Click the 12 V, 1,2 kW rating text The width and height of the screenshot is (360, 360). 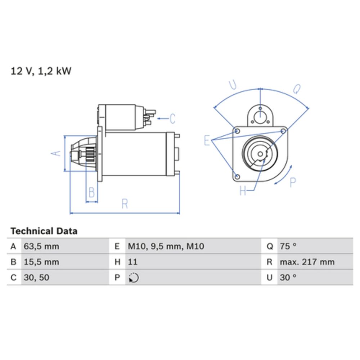pos(41,71)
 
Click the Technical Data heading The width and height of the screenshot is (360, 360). pos(44,231)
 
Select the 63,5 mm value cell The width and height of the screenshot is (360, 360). pos(41,246)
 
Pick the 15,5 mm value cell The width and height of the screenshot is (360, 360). pos(41,262)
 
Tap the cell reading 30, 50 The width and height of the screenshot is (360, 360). pos(36,278)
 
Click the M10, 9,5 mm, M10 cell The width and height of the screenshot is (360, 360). pos(166,246)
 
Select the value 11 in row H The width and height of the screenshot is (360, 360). pos(132,262)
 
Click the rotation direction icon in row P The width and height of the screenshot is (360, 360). pos(134,278)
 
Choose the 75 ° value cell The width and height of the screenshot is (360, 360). pos(288,246)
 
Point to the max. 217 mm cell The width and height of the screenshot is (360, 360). pos(307,262)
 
